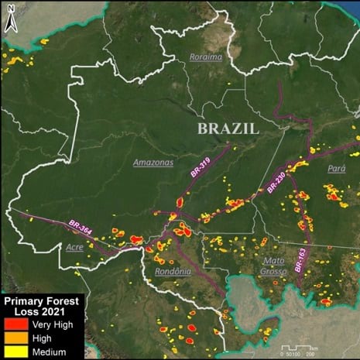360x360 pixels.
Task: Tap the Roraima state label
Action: tap(206, 57)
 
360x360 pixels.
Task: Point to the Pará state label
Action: tap(337, 168)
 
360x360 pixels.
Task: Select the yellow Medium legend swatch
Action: tap(19, 351)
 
